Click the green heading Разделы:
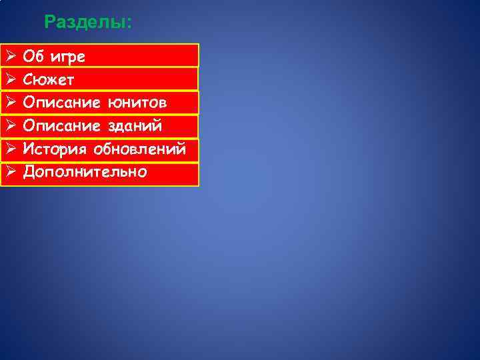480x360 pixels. tap(88, 23)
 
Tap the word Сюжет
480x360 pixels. tap(49, 80)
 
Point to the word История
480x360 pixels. tap(54, 149)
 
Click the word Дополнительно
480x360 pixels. tap(85, 172)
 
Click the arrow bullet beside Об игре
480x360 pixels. tap(10, 56)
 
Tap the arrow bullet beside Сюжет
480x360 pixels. tap(10, 79)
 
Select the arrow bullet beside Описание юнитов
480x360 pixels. tap(10, 103)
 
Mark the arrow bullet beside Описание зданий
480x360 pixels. tap(10, 125)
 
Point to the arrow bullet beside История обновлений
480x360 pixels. tap(10, 149)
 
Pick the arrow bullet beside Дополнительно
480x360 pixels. tap(10, 172)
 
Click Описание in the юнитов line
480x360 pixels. tap(61, 103)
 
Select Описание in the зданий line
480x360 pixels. tap(61, 126)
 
